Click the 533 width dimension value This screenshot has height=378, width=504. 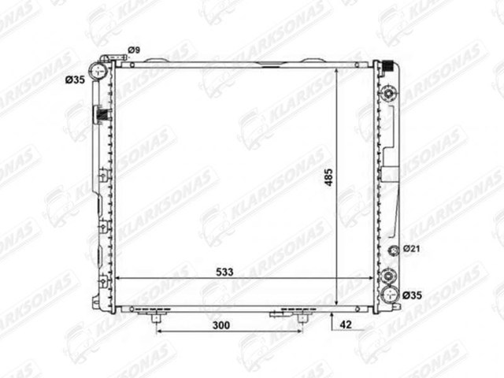coord(223,272)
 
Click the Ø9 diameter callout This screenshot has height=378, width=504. coord(135,50)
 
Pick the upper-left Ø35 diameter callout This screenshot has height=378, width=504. coord(75,80)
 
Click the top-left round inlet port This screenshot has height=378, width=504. coord(99,72)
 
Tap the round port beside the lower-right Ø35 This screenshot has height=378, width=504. coord(388,295)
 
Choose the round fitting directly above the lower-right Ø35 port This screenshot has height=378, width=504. coord(388,276)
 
